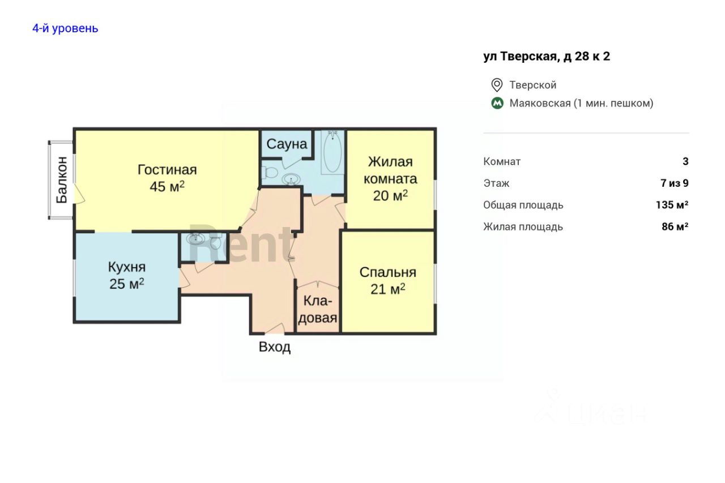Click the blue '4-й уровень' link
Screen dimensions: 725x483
point(65,28)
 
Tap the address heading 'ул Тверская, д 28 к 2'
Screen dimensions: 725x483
point(547,57)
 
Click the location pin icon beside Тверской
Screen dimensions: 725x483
point(497,85)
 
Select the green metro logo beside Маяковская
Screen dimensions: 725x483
point(497,103)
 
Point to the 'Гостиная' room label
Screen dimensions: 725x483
point(167,170)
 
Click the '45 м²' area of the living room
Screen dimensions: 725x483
point(167,186)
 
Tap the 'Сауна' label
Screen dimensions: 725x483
point(287,144)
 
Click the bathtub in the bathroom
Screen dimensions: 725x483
point(332,152)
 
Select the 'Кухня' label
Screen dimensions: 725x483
point(127,267)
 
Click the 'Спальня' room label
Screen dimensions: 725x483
point(388,272)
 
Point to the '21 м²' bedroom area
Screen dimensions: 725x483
point(388,289)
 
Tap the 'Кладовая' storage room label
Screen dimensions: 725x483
point(318,310)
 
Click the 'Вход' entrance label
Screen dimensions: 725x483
point(275,347)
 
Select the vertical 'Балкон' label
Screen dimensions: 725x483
point(62,180)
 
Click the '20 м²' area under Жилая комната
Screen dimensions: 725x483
point(390,195)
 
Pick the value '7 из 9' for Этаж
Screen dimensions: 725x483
point(675,183)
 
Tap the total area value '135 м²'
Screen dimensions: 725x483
point(672,205)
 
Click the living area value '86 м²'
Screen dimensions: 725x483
point(675,227)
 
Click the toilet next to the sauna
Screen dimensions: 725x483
point(269,173)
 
